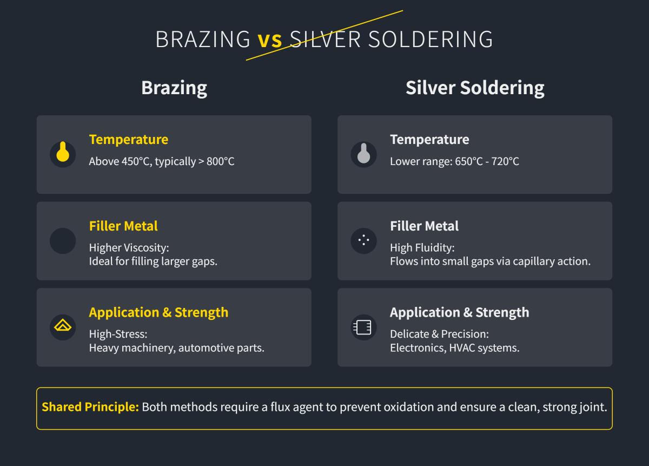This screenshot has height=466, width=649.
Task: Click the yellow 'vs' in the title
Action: (270, 40)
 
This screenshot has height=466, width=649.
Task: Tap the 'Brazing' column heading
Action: (174, 88)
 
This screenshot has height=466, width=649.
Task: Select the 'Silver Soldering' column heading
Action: (475, 88)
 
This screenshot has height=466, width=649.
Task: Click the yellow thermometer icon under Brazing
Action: (63, 154)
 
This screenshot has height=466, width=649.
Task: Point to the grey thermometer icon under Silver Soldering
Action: (363, 154)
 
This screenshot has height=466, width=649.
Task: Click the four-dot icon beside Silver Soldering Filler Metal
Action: (363, 240)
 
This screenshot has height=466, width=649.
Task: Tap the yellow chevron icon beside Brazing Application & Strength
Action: (63, 327)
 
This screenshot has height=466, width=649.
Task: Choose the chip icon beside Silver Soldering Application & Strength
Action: (363, 327)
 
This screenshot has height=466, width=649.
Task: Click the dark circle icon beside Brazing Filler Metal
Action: (63, 241)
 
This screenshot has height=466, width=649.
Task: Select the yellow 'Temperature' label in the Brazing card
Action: (129, 140)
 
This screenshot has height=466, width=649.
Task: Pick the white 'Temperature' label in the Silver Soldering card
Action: (429, 140)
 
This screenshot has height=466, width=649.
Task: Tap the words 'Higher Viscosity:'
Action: (129, 248)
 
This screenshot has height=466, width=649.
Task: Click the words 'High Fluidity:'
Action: (422, 248)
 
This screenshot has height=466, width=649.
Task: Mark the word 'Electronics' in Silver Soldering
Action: (417, 348)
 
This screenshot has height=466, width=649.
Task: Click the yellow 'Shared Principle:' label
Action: (90, 407)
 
